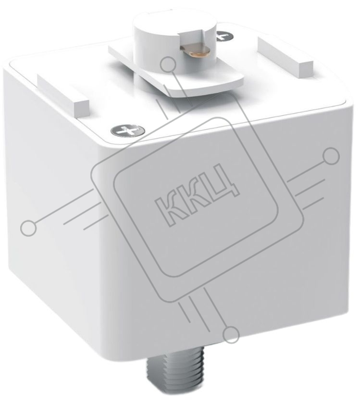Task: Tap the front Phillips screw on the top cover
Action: point(127,131)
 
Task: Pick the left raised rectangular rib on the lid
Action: point(63,95)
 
